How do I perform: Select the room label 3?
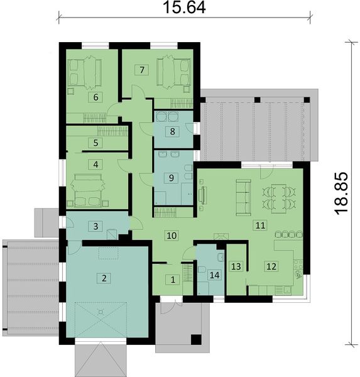click(x=95, y=226)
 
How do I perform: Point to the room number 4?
click(x=95, y=165)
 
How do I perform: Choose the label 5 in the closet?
click(x=95, y=143)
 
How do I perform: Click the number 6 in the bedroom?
click(x=95, y=97)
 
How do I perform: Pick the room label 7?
click(x=143, y=70)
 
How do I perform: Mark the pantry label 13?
click(x=235, y=266)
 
